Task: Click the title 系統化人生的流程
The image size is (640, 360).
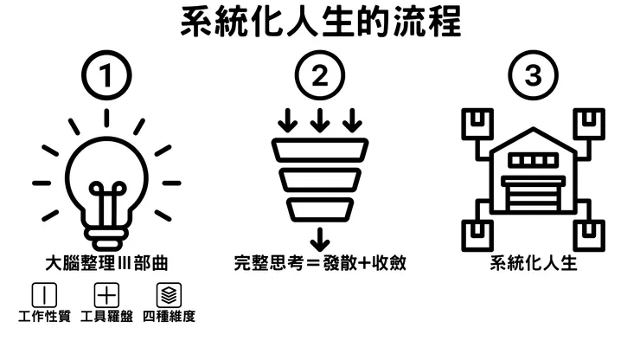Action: pyautogui.click(x=320, y=23)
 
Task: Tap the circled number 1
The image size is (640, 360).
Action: pyautogui.click(x=106, y=76)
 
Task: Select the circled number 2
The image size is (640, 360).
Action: pyautogui.click(x=320, y=76)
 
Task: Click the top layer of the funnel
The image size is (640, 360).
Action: pyautogui.click(x=320, y=151)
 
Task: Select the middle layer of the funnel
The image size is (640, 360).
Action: pyautogui.click(x=320, y=180)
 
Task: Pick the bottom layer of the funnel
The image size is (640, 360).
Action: pyautogui.click(x=320, y=209)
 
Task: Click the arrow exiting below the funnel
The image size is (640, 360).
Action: pyautogui.click(x=320, y=238)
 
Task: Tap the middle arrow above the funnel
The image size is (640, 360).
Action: pyautogui.click(x=320, y=119)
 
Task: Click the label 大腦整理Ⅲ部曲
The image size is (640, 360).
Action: pyautogui.click(x=106, y=262)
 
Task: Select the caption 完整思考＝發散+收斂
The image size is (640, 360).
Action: pyautogui.click(x=320, y=262)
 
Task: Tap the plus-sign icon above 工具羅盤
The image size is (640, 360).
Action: pyautogui.click(x=106, y=294)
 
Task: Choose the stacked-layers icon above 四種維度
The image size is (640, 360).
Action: pyautogui.click(x=168, y=294)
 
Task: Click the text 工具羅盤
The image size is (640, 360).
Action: pyautogui.click(x=106, y=317)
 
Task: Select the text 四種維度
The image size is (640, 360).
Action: pyautogui.click(x=170, y=317)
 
